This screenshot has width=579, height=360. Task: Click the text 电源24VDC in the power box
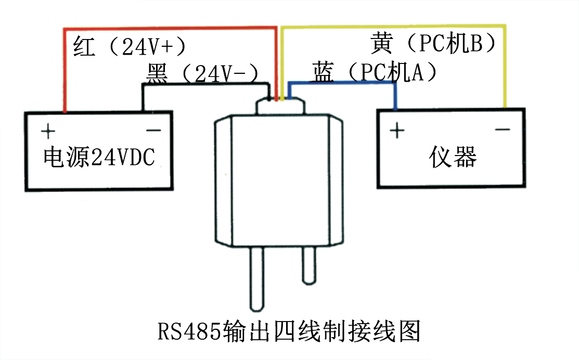[x=98, y=157]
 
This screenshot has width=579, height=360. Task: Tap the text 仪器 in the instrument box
[x=453, y=156]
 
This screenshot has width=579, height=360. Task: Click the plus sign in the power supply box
[x=47, y=130]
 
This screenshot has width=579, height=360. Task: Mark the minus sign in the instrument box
[x=502, y=128]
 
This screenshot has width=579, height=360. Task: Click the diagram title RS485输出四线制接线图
[x=289, y=331]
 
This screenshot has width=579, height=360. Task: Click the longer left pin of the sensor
[x=257, y=278]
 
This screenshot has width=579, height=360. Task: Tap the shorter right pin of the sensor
[x=308, y=265]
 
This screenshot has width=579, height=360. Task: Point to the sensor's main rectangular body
[x=279, y=179]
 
